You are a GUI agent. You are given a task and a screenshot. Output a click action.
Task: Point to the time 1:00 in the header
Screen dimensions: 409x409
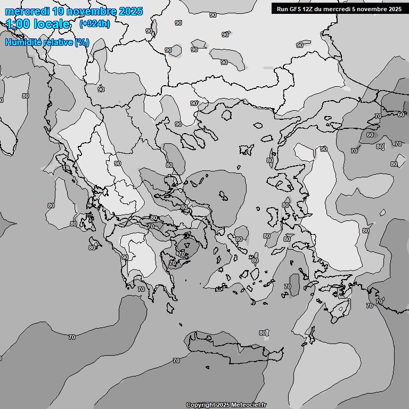(x=18, y=24)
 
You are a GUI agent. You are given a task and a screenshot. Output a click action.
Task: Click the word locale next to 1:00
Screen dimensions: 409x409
(x=52, y=24)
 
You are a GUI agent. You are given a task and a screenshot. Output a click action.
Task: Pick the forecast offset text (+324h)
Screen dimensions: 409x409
(x=94, y=24)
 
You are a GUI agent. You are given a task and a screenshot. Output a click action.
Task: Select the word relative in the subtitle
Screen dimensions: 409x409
(x=58, y=42)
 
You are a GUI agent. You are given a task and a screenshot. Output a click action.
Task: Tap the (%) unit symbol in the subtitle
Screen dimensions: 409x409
(x=82, y=42)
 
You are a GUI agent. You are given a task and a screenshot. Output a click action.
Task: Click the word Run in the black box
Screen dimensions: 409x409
(x=283, y=9)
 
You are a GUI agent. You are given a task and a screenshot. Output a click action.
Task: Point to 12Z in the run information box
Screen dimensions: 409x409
(x=309, y=9)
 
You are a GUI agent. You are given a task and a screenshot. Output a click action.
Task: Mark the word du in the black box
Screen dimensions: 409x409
(x=320, y=9)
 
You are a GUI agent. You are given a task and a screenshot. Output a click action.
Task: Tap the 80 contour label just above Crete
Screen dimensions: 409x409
(x=262, y=333)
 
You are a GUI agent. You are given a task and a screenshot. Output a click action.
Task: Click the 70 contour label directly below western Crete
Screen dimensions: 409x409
(x=176, y=361)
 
